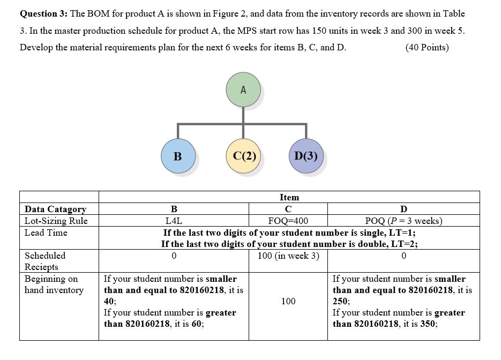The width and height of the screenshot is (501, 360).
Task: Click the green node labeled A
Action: pos(243,89)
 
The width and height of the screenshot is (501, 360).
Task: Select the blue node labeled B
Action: pos(177,156)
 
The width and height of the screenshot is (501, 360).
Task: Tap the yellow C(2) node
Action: pos(244,156)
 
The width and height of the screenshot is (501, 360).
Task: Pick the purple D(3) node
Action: pos(306,156)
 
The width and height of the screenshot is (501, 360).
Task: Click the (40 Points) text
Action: pos(427,47)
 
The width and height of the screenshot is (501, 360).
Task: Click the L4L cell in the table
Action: pos(174,221)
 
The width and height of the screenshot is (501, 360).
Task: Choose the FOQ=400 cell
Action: pos(288,221)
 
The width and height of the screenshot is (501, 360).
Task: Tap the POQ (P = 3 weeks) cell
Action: pos(403,221)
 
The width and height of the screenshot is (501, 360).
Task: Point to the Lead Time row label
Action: pos(46,232)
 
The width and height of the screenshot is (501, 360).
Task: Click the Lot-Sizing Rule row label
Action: pos(56,221)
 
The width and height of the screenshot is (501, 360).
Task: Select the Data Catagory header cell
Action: pos(55,209)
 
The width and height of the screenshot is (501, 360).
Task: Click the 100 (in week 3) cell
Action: pos(288,256)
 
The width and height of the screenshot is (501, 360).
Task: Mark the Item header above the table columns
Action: pos(289,197)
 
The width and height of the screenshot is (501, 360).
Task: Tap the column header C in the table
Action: pos(288,209)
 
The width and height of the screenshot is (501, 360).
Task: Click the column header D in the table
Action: pos(403,209)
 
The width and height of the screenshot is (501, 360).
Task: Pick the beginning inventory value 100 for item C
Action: pos(288,301)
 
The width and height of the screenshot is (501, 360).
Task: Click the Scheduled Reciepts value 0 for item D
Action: pos(403,256)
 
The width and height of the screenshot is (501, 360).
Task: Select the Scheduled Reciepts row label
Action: pos(45,261)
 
